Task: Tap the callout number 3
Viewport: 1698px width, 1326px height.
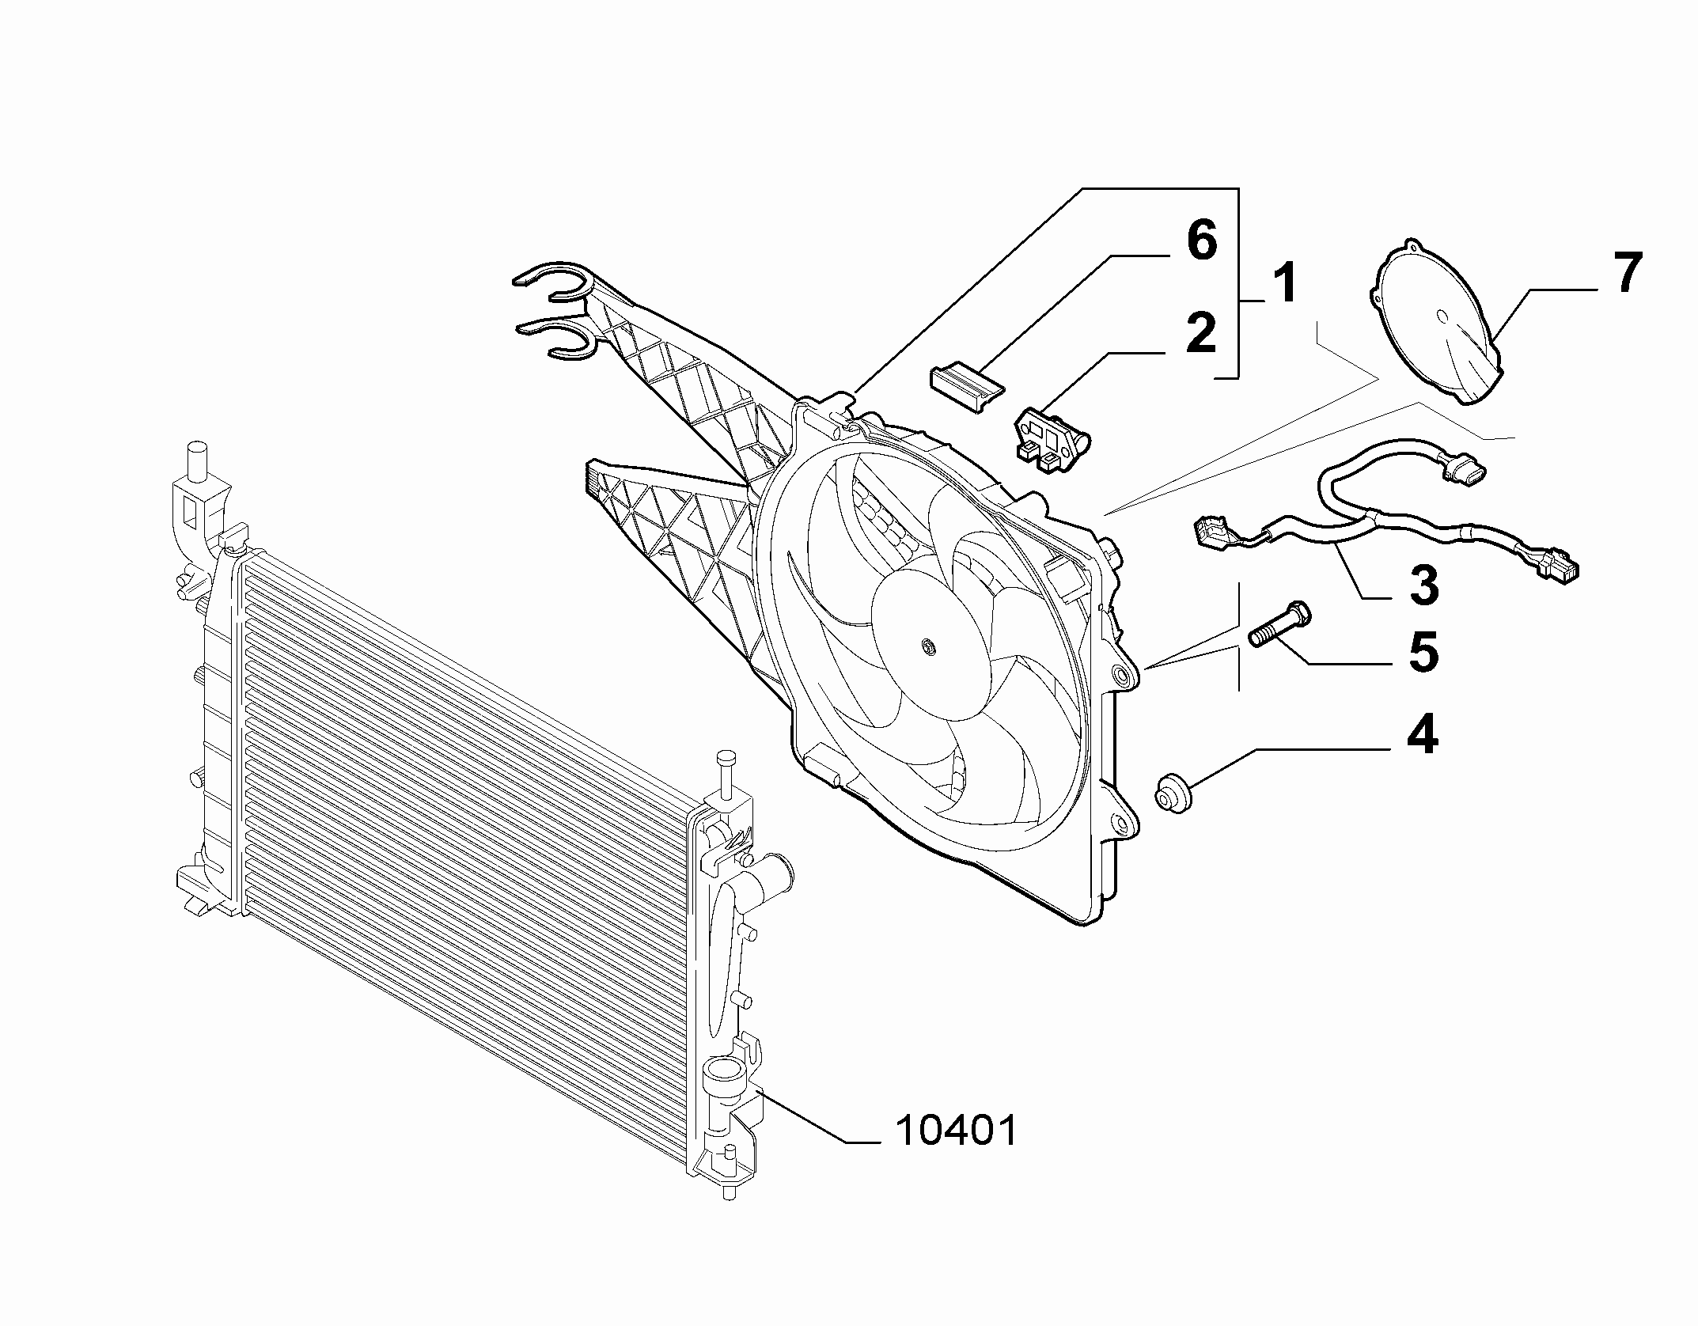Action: [x=1423, y=586]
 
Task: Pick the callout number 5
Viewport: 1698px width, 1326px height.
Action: [x=1423, y=652]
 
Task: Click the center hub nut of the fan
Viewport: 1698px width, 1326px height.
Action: [x=929, y=648]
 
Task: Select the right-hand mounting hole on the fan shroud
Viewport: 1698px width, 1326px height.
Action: [x=1121, y=673]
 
